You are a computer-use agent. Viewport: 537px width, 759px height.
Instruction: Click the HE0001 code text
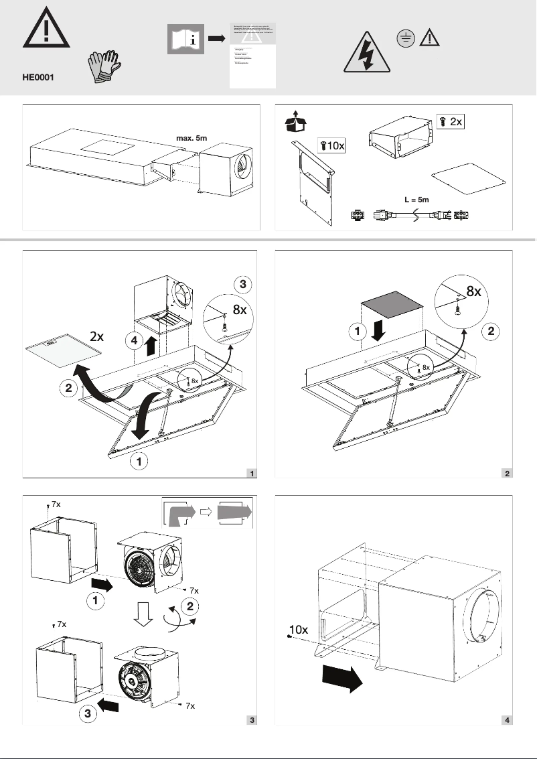click(x=38, y=77)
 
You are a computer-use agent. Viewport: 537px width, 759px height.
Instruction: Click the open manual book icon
click(x=185, y=40)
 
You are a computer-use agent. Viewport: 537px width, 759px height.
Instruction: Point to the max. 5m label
click(x=191, y=138)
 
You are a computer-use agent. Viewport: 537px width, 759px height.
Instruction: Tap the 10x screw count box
click(x=331, y=145)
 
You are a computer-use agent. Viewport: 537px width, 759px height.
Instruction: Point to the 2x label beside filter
click(x=96, y=337)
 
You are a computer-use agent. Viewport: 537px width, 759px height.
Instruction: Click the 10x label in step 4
click(x=299, y=630)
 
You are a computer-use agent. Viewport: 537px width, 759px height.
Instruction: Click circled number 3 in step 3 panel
click(x=88, y=714)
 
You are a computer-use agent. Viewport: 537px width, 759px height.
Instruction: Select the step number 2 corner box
click(x=508, y=474)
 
